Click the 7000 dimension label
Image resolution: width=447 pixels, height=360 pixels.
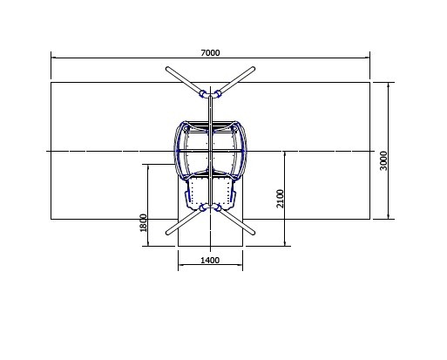pyautogui.click(x=210, y=53)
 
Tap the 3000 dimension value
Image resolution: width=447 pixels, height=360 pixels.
pyautogui.click(x=383, y=160)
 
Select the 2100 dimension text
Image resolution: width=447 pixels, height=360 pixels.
pyautogui.click(x=280, y=199)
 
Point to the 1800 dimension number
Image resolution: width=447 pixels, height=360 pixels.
pyautogui.click(x=143, y=223)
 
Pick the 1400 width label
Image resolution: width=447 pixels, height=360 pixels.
pyautogui.click(x=210, y=260)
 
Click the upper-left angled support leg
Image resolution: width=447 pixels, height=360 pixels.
pyautogui.click(x=184, y=80)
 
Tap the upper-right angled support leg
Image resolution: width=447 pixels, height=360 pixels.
pyautogui.click(x=237, y=79)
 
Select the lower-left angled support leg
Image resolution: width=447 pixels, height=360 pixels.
pyautogui.click(x=184, y=222)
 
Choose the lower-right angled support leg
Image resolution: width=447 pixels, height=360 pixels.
pyautogui.click(x=237, y=222)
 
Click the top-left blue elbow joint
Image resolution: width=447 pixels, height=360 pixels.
pyautogui.click(x=203, y=94)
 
